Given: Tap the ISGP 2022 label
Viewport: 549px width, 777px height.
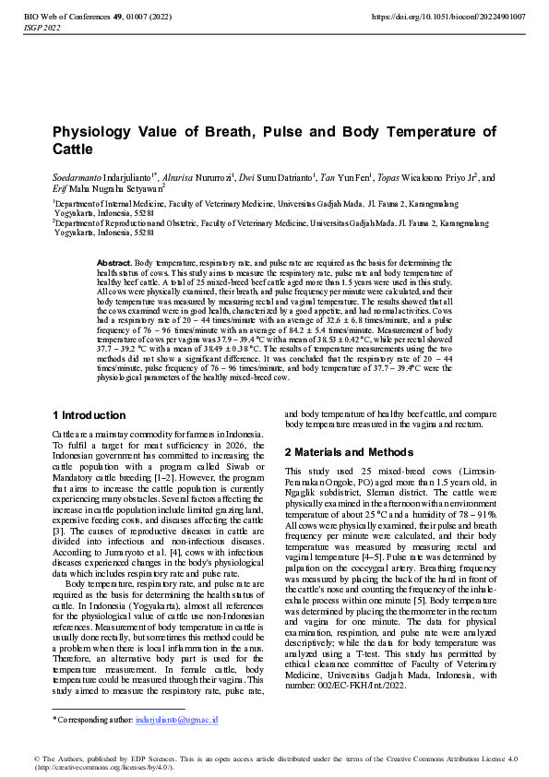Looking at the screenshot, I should (42, 29).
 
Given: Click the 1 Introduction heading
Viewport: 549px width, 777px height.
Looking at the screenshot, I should (90, 415).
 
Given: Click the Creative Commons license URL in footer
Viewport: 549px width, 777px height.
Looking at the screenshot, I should (106, 766).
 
